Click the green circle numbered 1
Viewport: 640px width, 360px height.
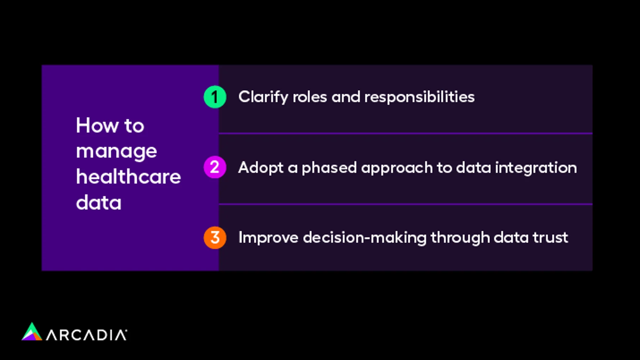tap(215, 97)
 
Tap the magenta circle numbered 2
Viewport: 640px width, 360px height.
tap(215, 167)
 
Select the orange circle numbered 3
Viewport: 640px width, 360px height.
tap(215, 238)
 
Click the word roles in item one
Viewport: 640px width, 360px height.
tap(309, 97)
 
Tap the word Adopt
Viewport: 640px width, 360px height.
tap(261, 168)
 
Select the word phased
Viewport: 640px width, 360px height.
tap(329, 168)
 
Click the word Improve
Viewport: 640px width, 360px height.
tap(268, 238)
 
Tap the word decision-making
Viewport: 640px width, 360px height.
tap(364, 238)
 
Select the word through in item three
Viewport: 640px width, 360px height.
tap(460, 238)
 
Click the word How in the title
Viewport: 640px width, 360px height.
tap(97, 126)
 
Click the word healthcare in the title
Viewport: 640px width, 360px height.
tap(128, 177)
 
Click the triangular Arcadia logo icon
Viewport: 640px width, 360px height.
tap(32, 332)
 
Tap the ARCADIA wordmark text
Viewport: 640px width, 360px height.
tap(86, 335)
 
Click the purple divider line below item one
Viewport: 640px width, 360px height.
tap(405, 133)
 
